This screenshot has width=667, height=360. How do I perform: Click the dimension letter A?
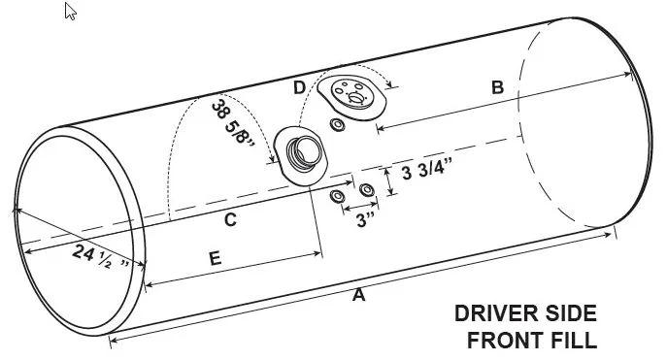click(x=358, y=295)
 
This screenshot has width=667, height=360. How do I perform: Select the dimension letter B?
click(x=497, y=87)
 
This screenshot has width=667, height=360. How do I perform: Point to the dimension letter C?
click(x=230, y=219)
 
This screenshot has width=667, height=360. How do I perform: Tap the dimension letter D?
click(x=299, y=88)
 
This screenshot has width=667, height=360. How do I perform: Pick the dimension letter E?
click(x=216, y=258)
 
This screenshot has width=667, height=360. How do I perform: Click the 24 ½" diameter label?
click(x=100, y=257)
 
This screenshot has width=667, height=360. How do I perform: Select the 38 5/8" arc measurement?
click(x=232, y=122)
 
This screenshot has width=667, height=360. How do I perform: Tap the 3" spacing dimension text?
click(x=365, y=220)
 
